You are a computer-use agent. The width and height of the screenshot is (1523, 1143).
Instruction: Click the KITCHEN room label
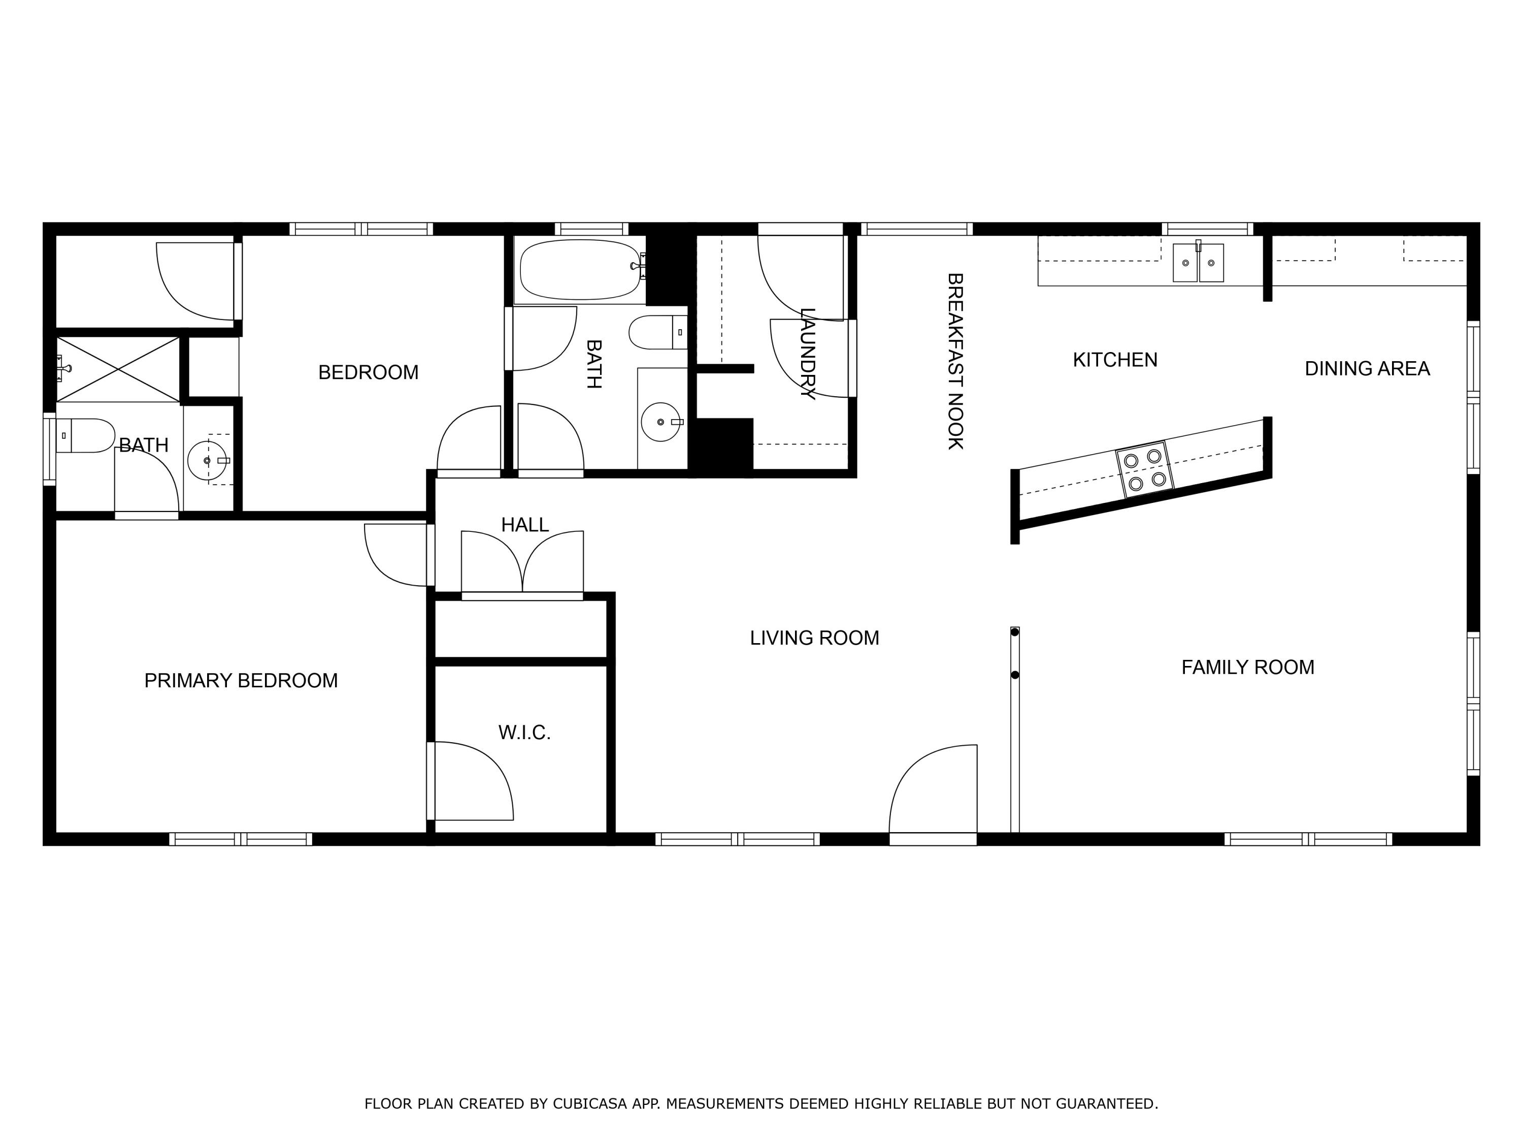pyautogui.click(x=1115, y=360)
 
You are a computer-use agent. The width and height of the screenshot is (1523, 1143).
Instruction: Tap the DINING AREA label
pyautogui.click(x=1367, y=369)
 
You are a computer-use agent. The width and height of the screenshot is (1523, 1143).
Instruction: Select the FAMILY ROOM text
pyautogui.click(x=1248, y=667)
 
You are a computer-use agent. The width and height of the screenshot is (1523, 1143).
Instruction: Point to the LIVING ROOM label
pyautogui.click(x=814, y=638)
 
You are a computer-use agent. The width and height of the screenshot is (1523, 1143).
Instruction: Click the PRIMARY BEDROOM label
pyautogui.click(x=241, y=681)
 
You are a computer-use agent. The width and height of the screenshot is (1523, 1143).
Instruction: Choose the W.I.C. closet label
pyautogui.click(x=524, y=733)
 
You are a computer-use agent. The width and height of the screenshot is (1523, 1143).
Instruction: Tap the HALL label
pyautogui.click(x=524, y=525)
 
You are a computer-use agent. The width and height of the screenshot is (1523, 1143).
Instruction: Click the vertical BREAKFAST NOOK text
pyautogui.click(x=955, y=361)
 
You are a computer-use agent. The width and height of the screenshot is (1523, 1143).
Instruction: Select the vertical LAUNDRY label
pyautogui.click(x=807, y=354)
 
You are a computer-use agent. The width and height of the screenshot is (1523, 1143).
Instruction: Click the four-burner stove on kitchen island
pyautogui.click(x=1144, y=469)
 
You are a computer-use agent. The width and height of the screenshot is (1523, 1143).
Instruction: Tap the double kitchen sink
pyautogui.click(x=1198, y=263)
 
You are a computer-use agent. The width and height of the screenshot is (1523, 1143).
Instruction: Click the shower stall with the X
pyautogui.click(x=118, y=369)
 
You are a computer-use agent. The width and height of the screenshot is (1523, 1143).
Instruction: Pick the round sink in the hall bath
pyautogui.click(x=661, y=422)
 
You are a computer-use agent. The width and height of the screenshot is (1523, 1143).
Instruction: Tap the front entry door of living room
pyautogui.click(x=933, y=792)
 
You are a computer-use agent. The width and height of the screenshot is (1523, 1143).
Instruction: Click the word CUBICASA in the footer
pyautogui.click(x=589, y=1104)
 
